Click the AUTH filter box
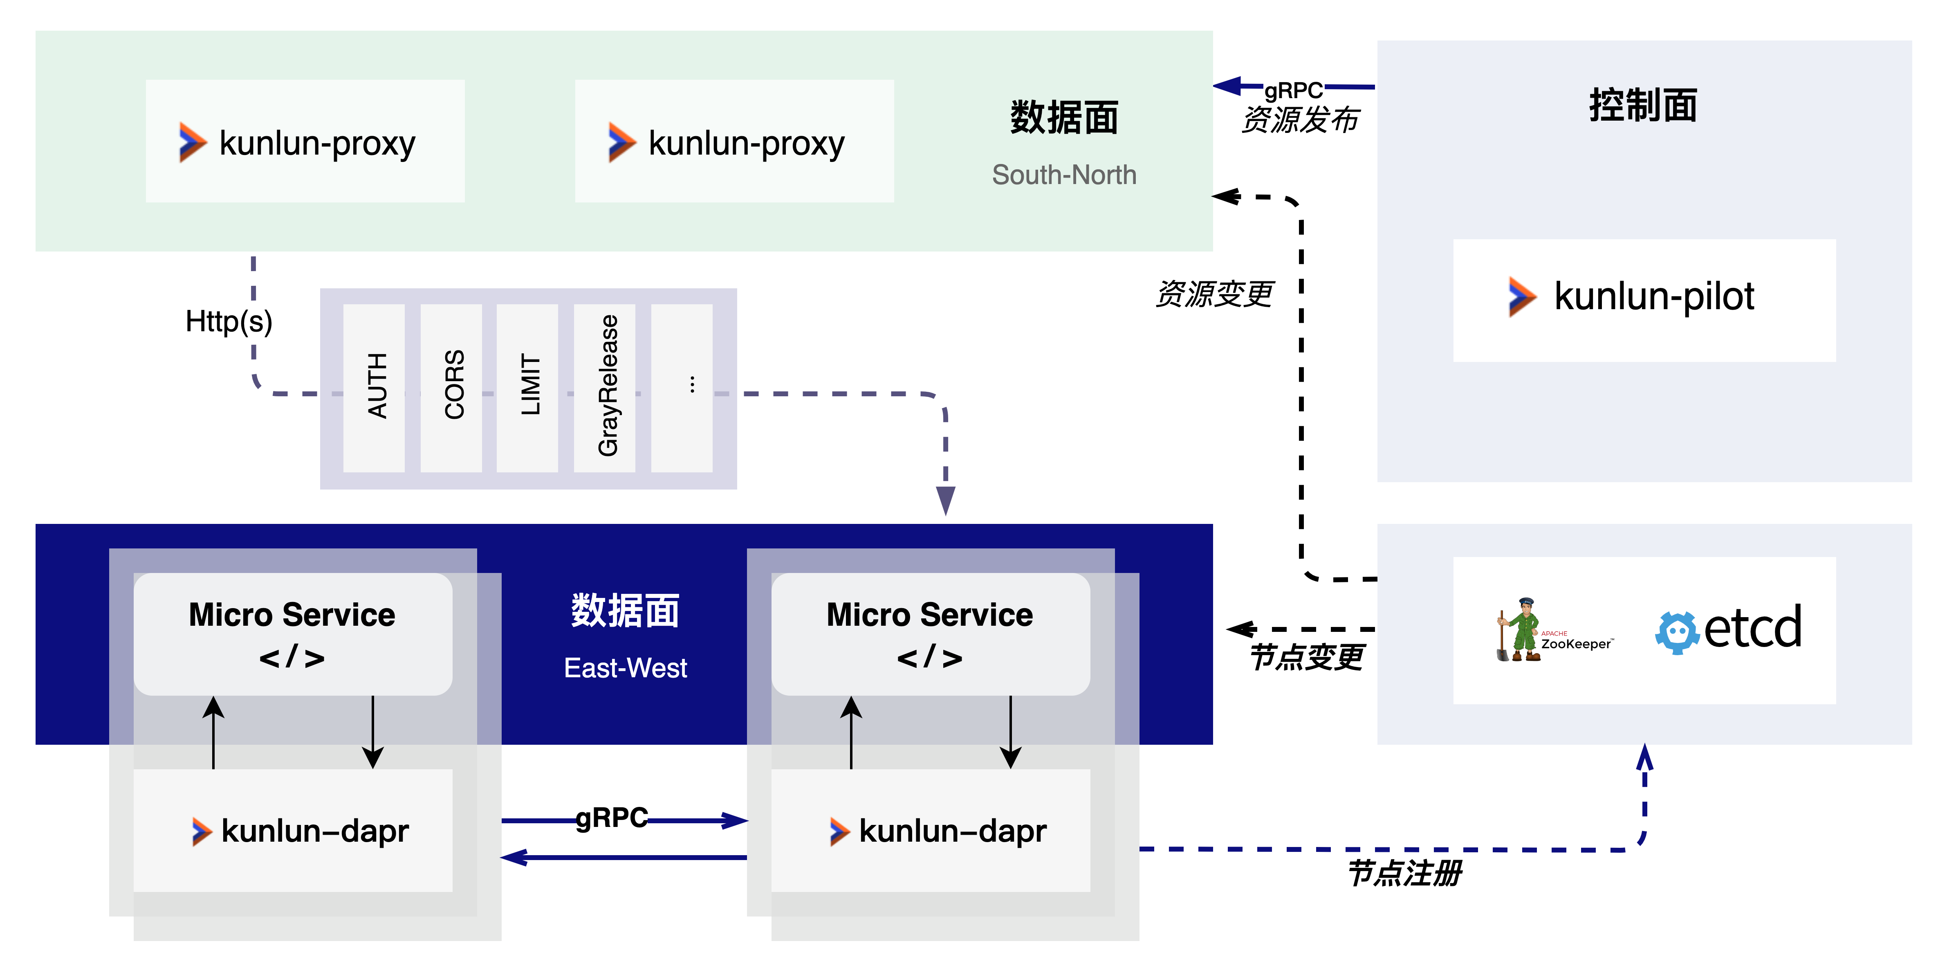pyautogui.click(x=374, y=387)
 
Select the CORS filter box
pyautogui.click(x=451, y=387)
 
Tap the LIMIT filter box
pyautogui.click(x=527, y=387)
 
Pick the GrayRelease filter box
pyautogui.click(x=605, y=387)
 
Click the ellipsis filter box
pyautogui.click(x=682, y=387)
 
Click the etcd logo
pyautogui.click(x=1729, y=629)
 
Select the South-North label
pyautogui.click(x=1064, y=175)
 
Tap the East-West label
pyautogui.click(x=625, y=667)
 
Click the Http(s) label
pyautogui.click(x=229, y=321)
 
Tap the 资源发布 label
pyautogui.click(x=1300, y=119)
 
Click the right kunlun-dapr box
pyautogui.click(x=931, y=831)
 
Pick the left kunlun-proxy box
pyautogui.click(x=305, y=142)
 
